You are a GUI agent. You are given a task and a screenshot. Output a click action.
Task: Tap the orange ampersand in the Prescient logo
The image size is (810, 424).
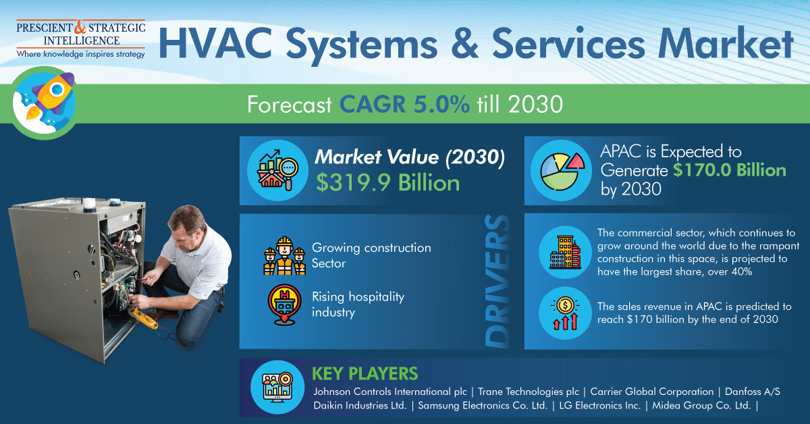point(80,27)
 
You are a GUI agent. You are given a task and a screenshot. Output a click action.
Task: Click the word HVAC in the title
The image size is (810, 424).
point(215,43)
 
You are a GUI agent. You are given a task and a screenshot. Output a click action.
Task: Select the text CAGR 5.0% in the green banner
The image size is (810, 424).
point(404,105)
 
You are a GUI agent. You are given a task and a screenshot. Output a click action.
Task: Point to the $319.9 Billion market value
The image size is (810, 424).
point(388,183)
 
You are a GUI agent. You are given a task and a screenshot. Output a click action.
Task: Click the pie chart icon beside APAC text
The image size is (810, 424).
point(562,171)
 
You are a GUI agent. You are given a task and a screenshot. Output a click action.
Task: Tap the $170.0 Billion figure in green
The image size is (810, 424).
point(730,170)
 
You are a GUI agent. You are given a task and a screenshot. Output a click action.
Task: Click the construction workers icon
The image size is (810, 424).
point(284,256)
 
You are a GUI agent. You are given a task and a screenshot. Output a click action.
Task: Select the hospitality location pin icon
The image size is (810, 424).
point(284,304)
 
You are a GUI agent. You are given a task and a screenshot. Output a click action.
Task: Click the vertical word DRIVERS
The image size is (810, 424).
point(497,281)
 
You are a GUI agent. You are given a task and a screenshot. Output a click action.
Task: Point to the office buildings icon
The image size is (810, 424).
point(565,252)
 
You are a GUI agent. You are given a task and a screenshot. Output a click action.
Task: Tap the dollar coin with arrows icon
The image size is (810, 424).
point(565,313)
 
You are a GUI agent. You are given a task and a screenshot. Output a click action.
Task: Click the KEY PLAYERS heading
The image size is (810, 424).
point(365,374)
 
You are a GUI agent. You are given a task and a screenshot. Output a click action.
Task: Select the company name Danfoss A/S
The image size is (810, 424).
point(753,392)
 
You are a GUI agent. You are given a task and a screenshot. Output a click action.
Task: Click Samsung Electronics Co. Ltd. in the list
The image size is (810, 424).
point(483,406)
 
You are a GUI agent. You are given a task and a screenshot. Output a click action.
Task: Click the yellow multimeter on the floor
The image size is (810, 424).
point(144,319)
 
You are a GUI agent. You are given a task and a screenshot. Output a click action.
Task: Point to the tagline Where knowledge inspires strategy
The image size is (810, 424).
point(80,54)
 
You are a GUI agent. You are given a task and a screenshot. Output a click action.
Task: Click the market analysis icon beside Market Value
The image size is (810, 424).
point(277,170)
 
